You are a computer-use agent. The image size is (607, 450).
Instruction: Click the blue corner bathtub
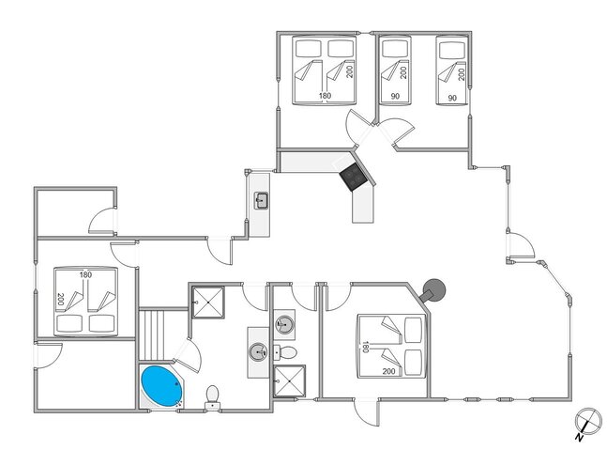[160, 386]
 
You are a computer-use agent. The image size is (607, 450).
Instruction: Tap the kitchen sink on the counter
[261, 200]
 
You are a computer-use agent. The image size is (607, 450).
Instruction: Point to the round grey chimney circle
[434, 291]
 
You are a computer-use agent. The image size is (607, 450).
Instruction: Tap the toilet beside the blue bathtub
[215, 394]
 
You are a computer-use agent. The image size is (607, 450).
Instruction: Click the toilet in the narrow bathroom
[290, 351]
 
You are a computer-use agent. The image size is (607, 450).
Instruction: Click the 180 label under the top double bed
[325, 96]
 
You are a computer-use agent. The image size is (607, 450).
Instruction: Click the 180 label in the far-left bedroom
[85, 275]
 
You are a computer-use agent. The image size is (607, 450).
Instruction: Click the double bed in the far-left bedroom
[84, 303]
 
